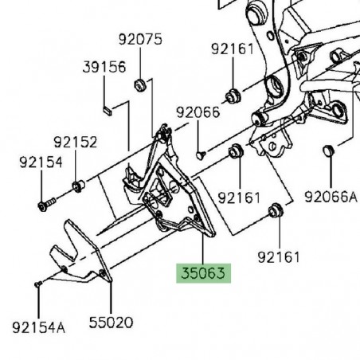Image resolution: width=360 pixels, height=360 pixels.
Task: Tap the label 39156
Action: tap(104, 68)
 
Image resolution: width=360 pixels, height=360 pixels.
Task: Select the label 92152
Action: tap(76, 143)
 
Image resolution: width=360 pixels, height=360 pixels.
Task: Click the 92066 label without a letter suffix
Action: tap(198, 113)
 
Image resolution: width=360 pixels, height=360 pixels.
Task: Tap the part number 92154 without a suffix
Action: tap(41, 162)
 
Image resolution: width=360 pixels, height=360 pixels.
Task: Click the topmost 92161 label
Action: tap(233, 49)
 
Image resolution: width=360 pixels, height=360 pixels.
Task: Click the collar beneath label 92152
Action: tap(78, 187)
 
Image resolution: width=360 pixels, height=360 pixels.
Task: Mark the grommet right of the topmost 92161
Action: tap(235, 96)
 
